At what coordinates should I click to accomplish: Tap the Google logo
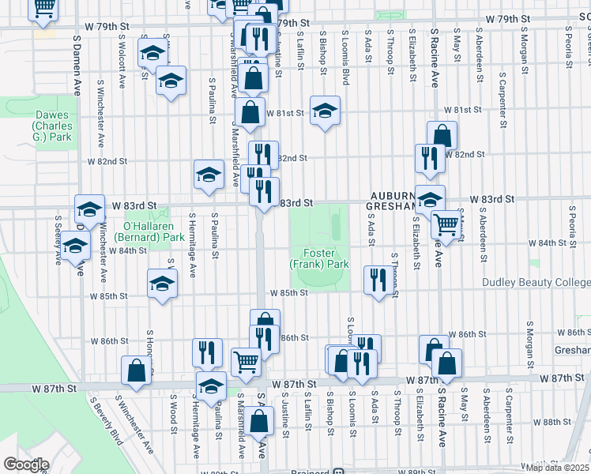26,464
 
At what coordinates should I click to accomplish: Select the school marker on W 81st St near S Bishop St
325,111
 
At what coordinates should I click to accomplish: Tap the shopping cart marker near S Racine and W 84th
446,224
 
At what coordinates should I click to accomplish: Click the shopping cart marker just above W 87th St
246,361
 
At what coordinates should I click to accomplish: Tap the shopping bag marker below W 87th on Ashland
259,419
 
